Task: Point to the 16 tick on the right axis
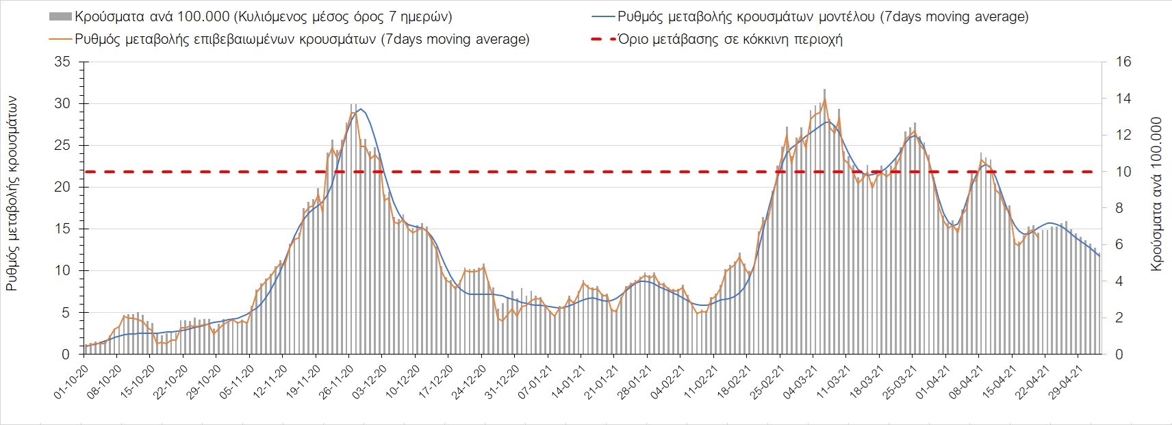point(1123,62)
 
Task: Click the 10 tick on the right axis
point(1123,172)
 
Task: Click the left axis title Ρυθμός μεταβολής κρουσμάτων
point(12,194)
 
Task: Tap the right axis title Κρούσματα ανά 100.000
point(1156,194)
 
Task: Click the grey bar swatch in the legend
point(60,16)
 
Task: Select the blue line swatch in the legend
point(601,16)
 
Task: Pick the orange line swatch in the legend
point(60,39)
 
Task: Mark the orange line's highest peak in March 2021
point(824,99)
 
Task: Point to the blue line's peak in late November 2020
point(361,109)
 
